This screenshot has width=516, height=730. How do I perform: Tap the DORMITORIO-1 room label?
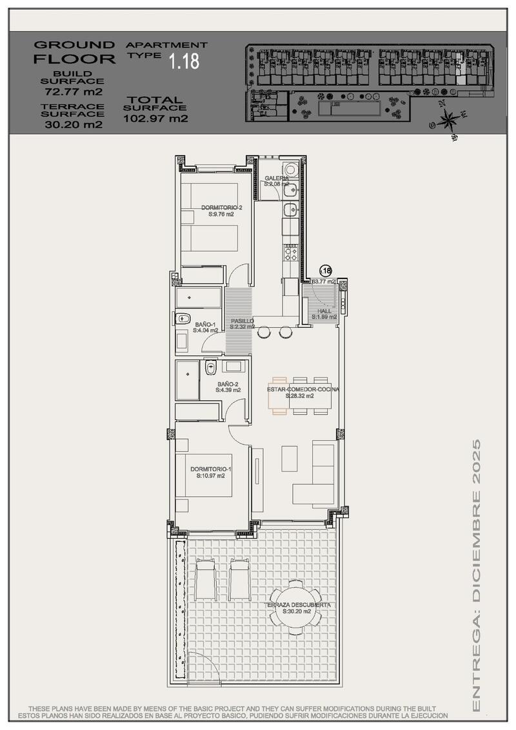click(x=210, y=472)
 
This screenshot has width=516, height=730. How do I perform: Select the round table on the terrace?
click(x=295, y=606)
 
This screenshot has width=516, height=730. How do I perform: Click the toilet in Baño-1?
click(x=182, y=317)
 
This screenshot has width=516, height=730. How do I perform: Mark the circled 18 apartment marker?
click(x=326, y=271)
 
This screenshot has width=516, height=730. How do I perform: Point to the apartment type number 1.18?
click(x=184, y=62)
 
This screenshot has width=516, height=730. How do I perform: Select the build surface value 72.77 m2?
click(x=72, y=91)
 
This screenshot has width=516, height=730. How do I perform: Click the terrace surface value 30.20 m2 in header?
click(x=72, y=125)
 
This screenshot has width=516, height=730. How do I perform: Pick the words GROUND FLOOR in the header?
click(x=74, y=52)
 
